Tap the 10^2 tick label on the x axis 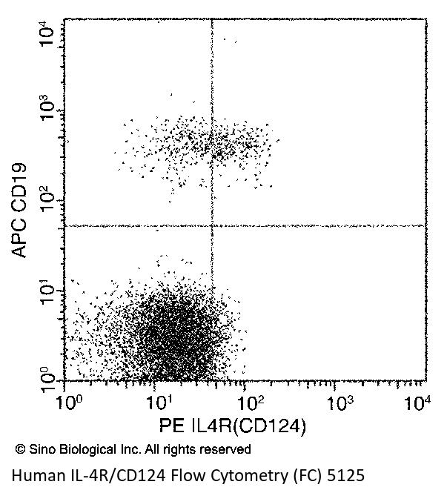(246, 402)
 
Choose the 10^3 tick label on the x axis (335, 402)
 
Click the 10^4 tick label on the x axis (420, 402)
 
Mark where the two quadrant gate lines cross (212, 225)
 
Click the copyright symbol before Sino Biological (20, 449)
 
